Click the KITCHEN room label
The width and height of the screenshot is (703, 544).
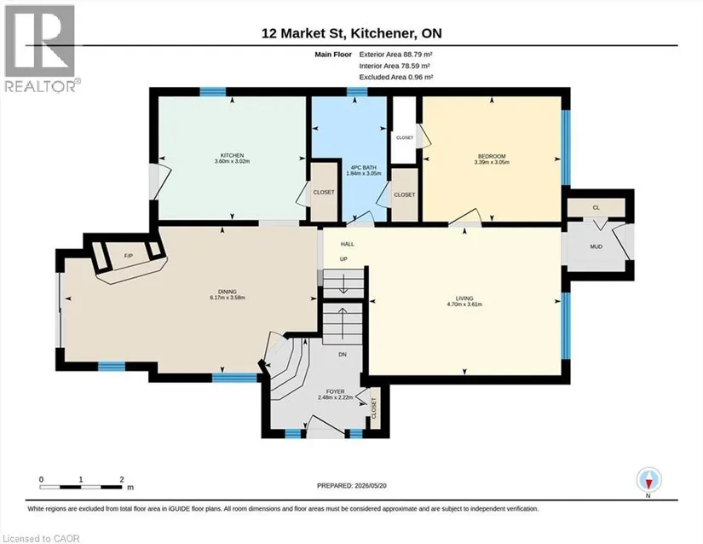[232, 155]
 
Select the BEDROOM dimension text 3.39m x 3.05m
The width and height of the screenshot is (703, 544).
[492, 162]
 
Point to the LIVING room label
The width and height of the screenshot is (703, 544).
[464, 298]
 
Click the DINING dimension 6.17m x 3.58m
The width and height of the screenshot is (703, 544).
[228, 298]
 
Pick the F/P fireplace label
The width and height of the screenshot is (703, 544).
[128, 256]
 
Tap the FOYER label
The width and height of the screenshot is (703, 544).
[335, 391]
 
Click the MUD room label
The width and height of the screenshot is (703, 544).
[596, 246]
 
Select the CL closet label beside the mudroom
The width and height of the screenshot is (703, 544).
[596, 208]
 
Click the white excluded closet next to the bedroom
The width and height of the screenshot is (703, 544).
[405, 130]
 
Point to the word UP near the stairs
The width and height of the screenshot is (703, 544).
[343, 259]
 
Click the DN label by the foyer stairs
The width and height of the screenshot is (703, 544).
[343, 355]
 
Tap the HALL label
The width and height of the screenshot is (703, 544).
[347, 244]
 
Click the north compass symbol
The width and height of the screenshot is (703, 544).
[648, 480]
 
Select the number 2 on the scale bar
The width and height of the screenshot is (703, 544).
[122, 479]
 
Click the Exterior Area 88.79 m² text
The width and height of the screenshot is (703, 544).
[395, 55]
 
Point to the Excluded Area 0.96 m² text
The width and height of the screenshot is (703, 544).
[396, 77]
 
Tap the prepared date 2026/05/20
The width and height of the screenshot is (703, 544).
[370, 485]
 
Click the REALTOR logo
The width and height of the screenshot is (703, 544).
[42, 48]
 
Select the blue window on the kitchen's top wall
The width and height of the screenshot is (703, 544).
[212, 92]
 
